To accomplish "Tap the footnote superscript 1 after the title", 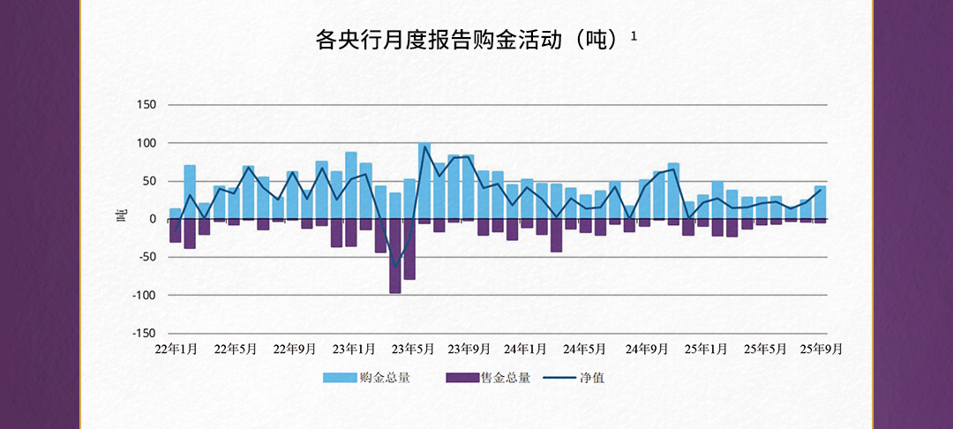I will coord(634,36).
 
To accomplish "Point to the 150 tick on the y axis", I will coord(146,105).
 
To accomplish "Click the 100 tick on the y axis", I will coord(146,143).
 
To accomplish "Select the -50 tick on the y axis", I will coord(144,257).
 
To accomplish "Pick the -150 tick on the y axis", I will coord(141,333).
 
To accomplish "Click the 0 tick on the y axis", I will coord(151,219).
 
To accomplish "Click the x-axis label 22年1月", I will coord(176,349).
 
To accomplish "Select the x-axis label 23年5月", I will coord(412,349).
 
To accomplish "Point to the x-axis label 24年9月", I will coord(647,349).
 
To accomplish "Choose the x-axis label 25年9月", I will coord(820,349).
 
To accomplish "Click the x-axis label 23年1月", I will coord(354,349).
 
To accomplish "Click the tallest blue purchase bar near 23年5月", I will coord(424,181).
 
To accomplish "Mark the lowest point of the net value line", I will coord(395,267).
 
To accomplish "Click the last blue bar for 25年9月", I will coord(820,202).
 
